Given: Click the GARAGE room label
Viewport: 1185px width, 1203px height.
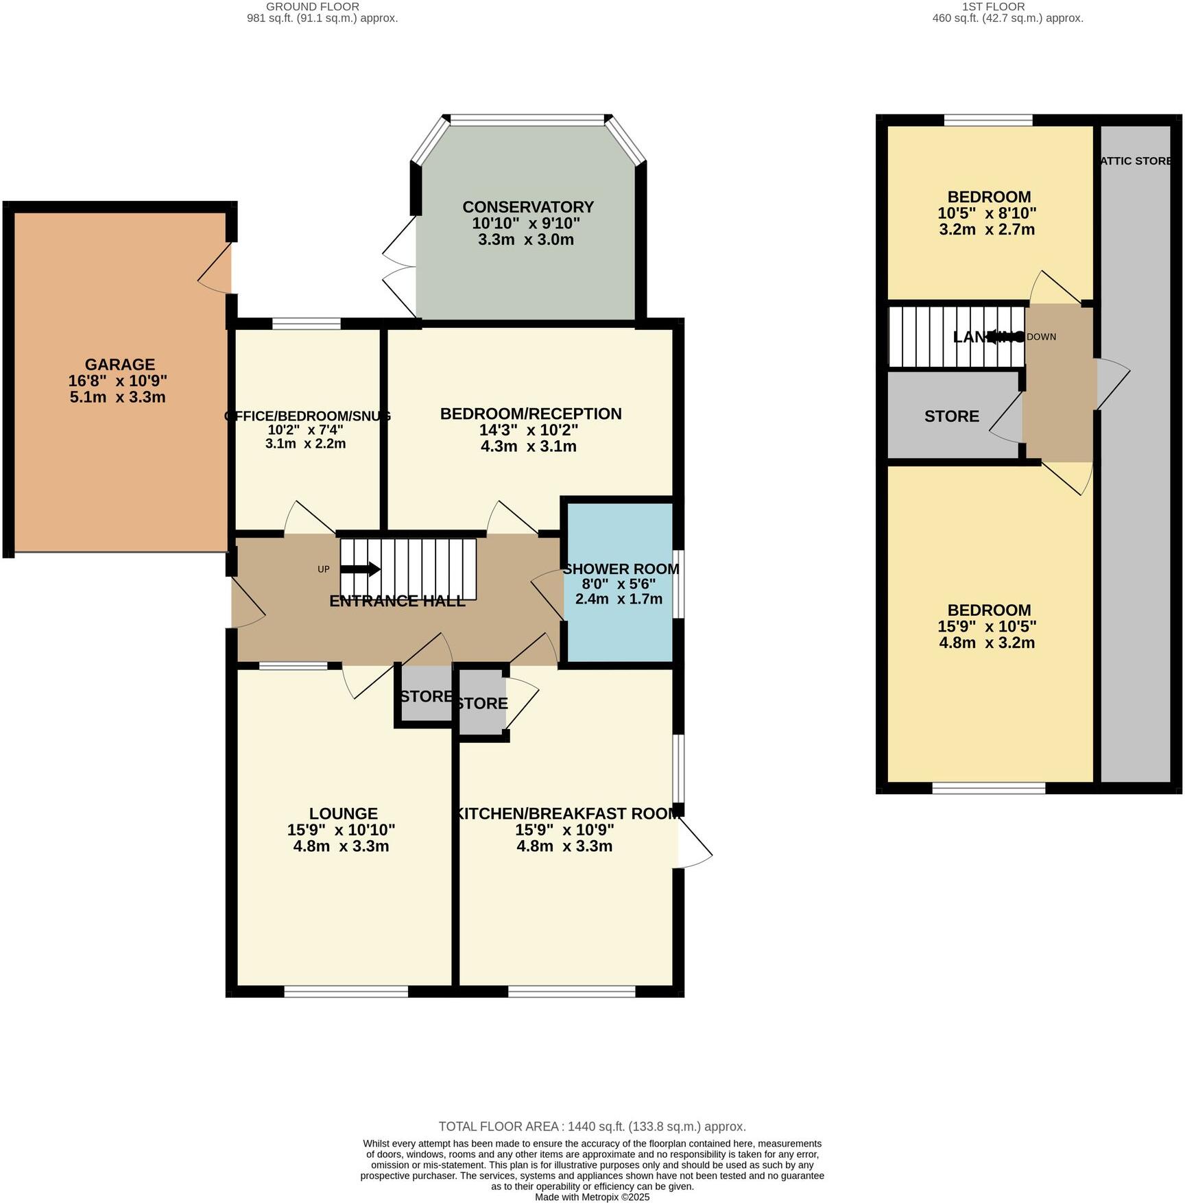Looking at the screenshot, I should pyautogui.click(x=120, y=364).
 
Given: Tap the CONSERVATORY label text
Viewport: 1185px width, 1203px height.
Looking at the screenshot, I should pyautogui.click(x=527, y=207).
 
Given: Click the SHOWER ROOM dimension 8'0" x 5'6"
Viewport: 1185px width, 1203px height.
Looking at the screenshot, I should pyautogui.click(x=619, y=584).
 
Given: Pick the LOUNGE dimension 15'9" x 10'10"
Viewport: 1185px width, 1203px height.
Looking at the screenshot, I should pyautogui.click(x=341, y=830).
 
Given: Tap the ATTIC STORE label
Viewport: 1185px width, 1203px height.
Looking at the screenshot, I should pyautogui.click(x=1135, y=161).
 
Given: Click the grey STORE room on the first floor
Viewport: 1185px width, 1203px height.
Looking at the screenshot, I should pyautogui.click(x=951, y=416).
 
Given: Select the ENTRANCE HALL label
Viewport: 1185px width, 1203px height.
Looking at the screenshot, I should pyautogui.click(x=397, y=601).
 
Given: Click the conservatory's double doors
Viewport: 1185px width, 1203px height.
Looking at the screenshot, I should pyautogui.click(x=399, y=267).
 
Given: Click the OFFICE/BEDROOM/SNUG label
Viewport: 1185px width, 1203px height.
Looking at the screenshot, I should pyautogui.click(x=307, y=416).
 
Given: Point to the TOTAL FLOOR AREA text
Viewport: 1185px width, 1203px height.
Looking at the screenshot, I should pyautogui.click(x=592, y=1126).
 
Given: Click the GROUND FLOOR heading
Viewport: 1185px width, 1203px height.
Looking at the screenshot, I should pyautogui.click(x=322, y=7).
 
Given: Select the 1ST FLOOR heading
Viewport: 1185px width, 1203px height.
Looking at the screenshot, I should pyautogui.click(x=1007, y=7).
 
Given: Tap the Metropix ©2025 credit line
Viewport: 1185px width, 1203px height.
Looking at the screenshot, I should pyautogui.click(x=592, y=1197).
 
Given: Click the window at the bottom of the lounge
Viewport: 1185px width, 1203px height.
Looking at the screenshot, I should pyautogui.click(x=346, y=991).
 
